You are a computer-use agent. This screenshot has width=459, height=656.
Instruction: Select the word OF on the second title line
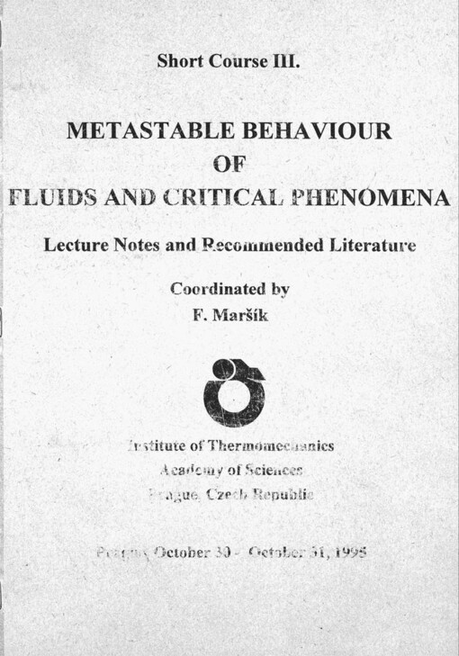(229, 165)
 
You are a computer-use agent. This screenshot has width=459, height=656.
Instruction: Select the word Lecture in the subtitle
(74, 244)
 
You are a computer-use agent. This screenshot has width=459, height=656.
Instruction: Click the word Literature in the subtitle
(367, 244)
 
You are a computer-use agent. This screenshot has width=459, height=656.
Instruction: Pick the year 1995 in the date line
(347, 552)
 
